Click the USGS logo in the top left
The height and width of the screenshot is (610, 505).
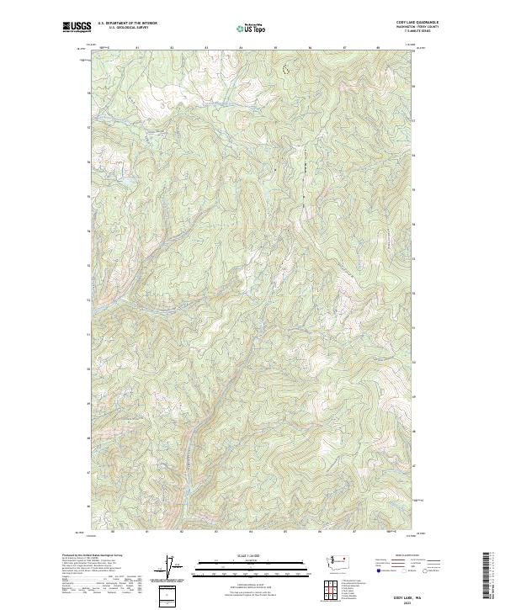pos(77,27)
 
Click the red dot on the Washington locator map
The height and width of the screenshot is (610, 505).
pos(348,557)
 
